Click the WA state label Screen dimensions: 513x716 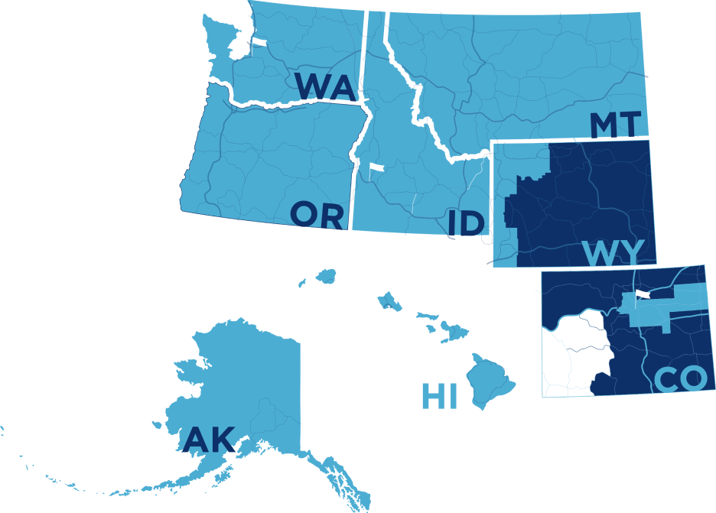click(324, 86)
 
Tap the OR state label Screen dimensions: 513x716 click(317, 216)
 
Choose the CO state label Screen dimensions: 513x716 click(680, 380)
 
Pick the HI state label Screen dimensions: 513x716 click(439, 397)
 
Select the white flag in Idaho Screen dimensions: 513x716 click(375, 168)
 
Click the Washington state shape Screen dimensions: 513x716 click(306, 46)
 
